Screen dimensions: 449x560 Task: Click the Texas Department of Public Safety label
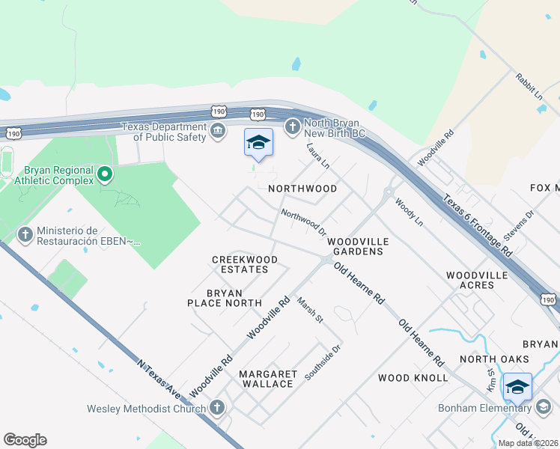point(169,132)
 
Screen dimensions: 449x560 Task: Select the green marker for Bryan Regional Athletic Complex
point(105,175)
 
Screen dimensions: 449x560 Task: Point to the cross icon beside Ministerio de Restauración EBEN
point(25,235)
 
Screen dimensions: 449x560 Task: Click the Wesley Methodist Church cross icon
point(217,408)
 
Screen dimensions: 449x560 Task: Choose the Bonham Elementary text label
point(486,407)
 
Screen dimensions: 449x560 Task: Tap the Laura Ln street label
point(318,156)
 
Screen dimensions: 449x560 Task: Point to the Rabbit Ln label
point(529,86)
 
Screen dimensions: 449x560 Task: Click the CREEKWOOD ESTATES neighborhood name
point(245,264)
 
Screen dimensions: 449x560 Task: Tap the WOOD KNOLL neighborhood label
point(413,378)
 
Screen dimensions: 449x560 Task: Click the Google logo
point(25,440)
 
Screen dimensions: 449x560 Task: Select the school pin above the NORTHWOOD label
point(258,143)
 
